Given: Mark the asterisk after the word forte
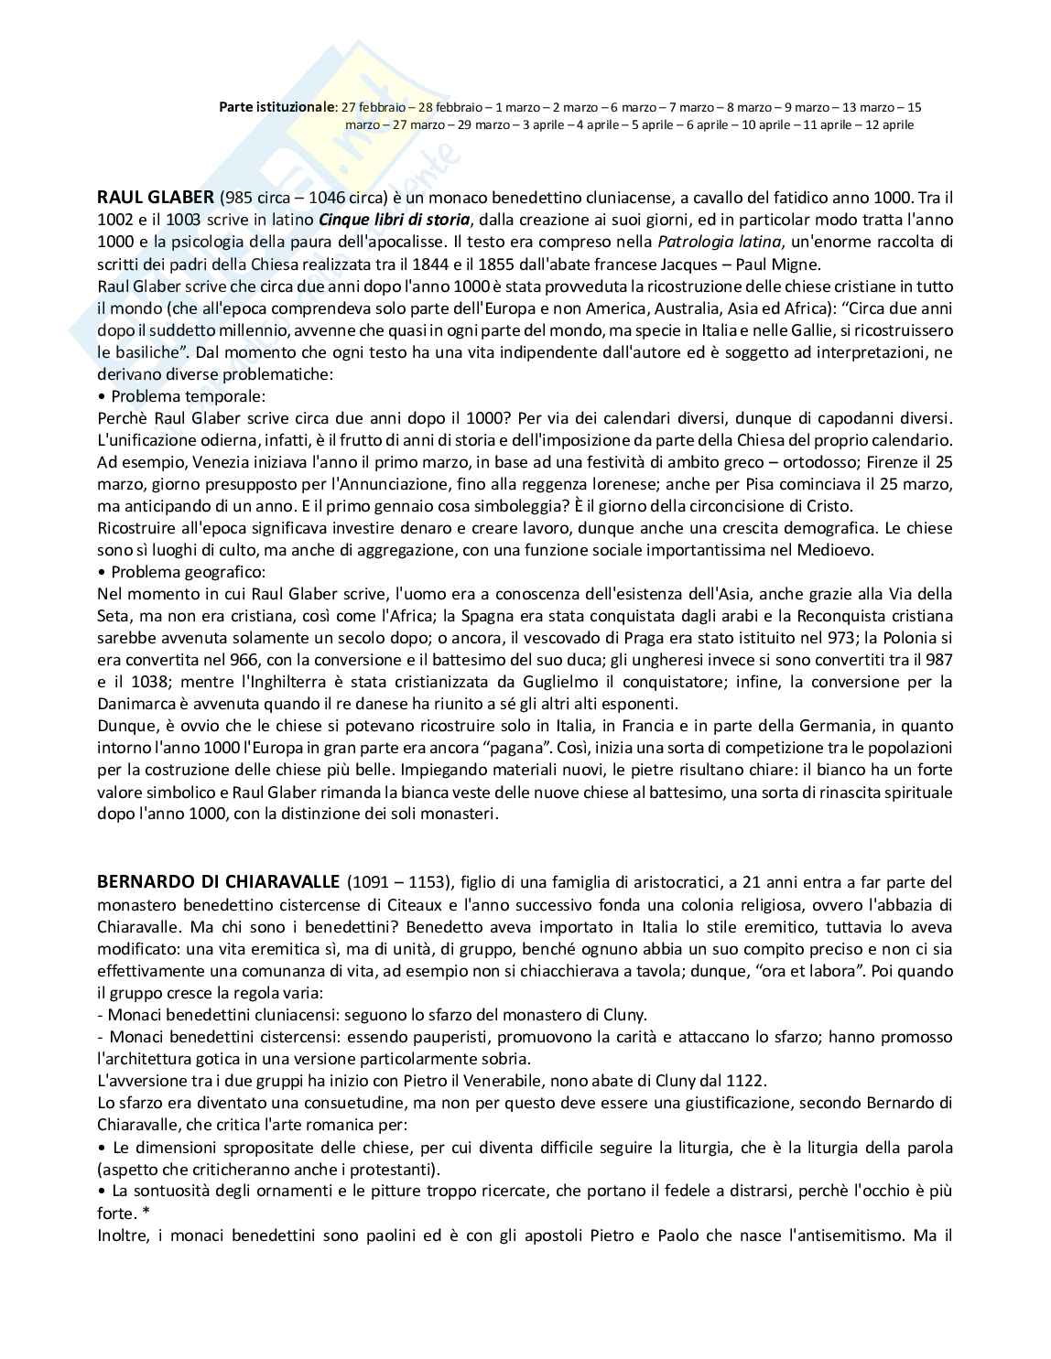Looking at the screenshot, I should point(146,1213).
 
